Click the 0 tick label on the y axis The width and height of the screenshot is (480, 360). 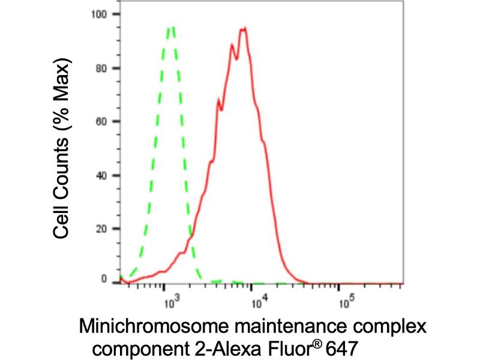[104, 279]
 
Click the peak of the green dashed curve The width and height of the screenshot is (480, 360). [172, 26]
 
